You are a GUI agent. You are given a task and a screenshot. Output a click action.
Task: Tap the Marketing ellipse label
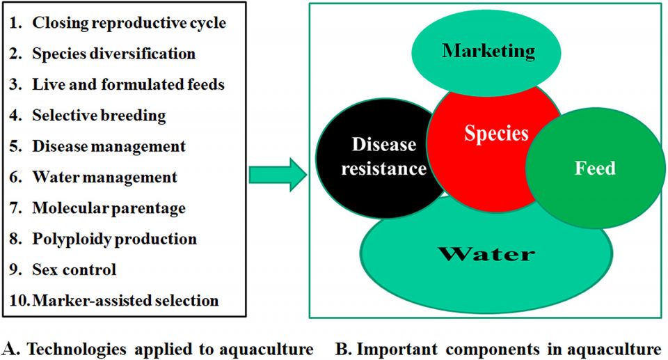click(488, 50)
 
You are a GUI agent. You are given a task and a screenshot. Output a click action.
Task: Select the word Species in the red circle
click(497, 133)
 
